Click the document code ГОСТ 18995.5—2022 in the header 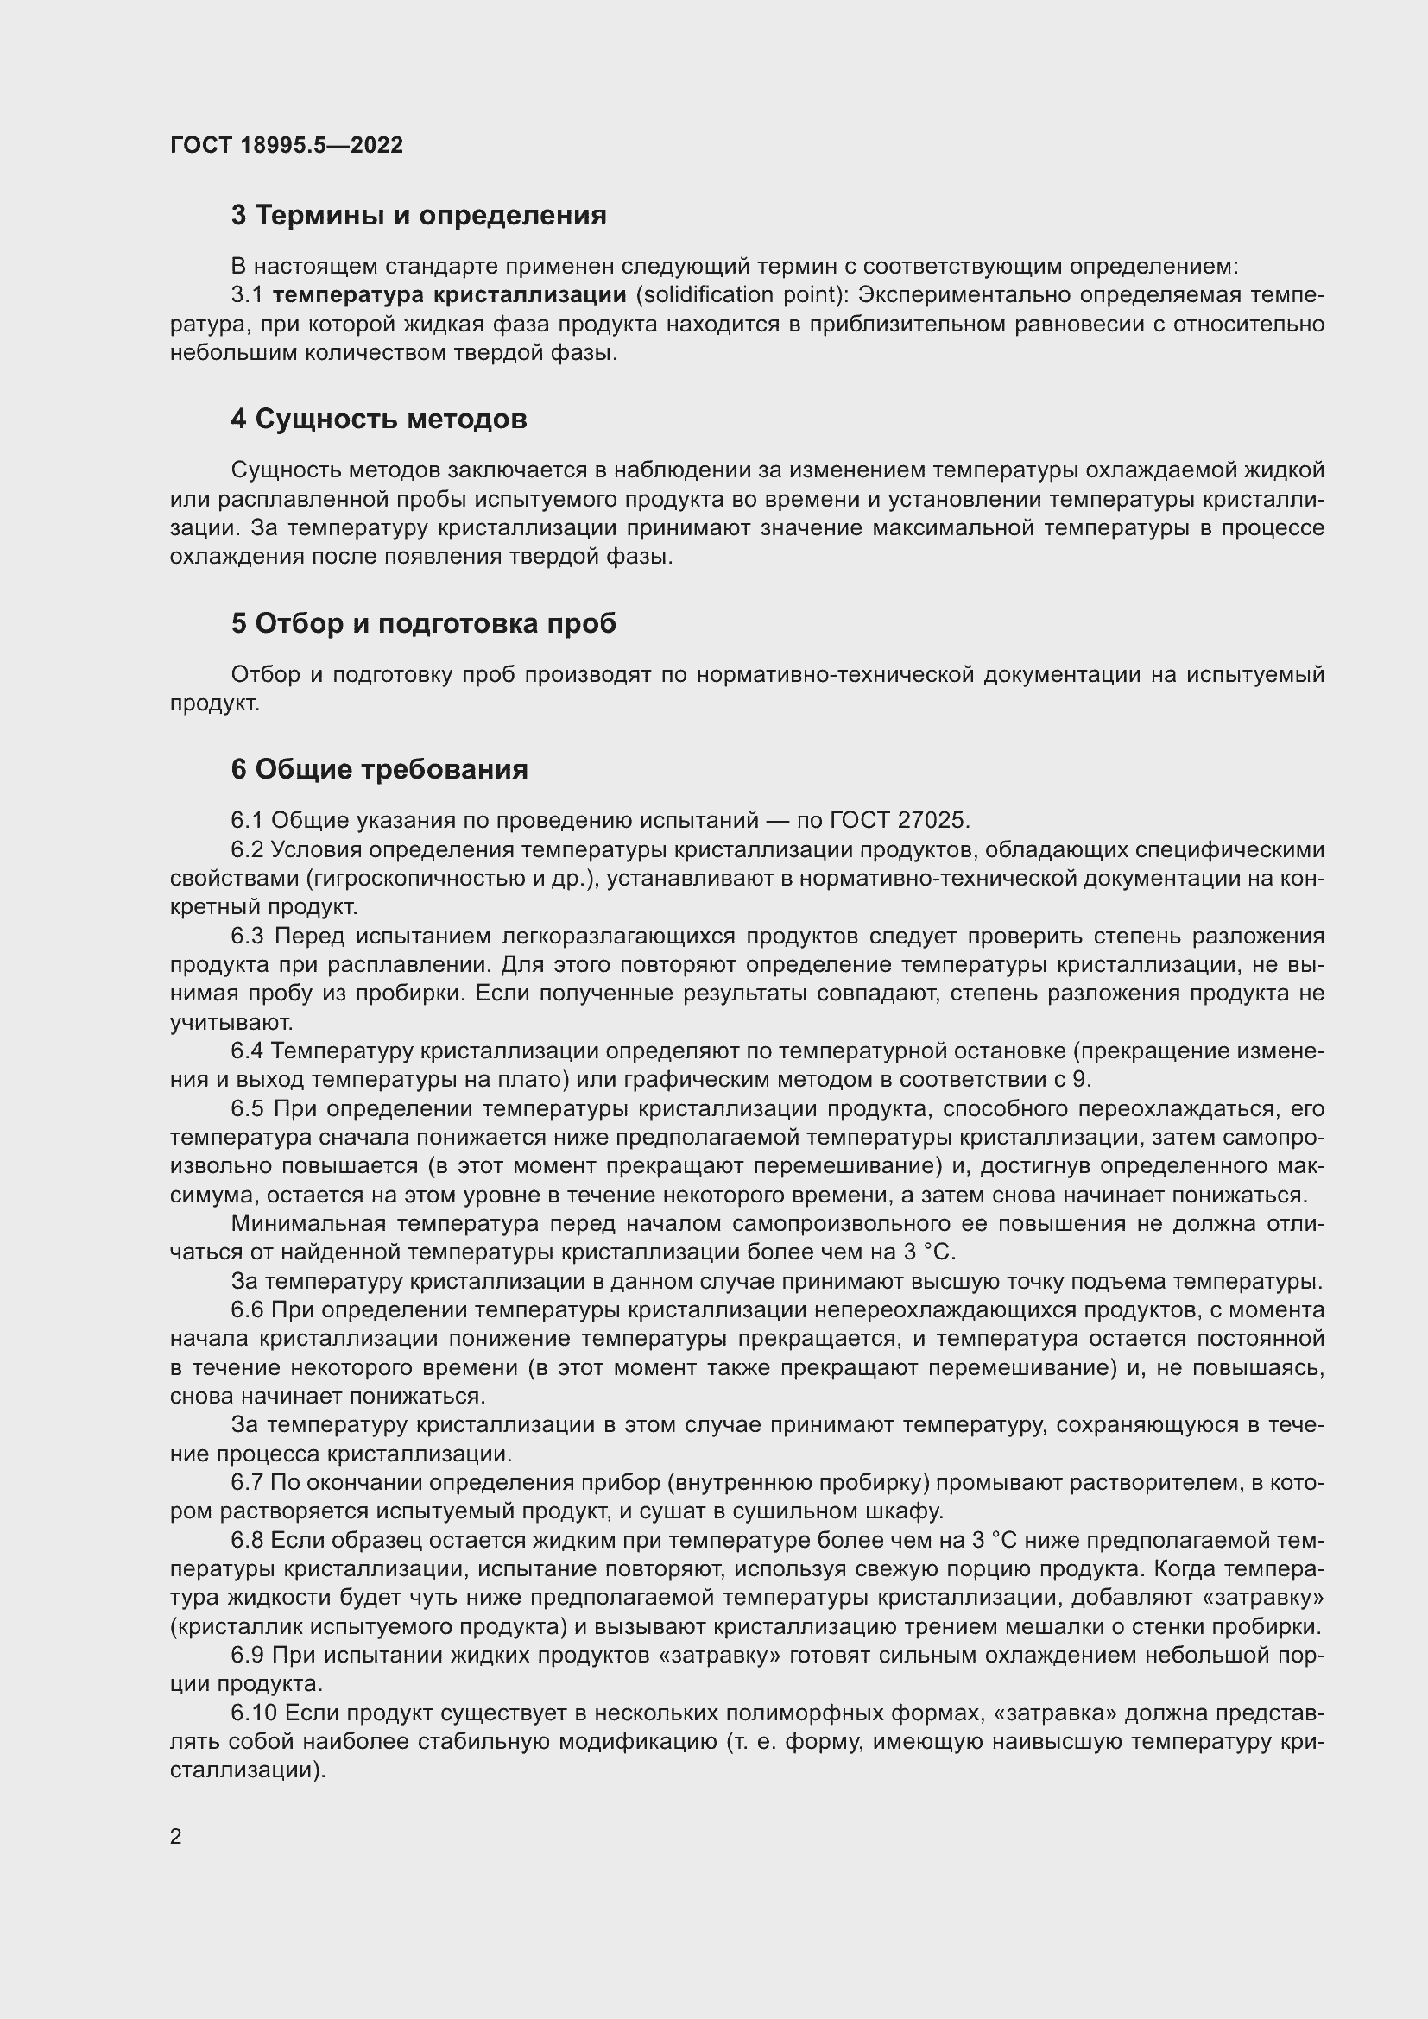[x=286, y=145]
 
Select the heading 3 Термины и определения [x=419, y=216]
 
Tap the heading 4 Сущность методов [x=379, y=420]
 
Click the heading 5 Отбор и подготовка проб [x=423, y=623]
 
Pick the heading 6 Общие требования [x=379, y=769]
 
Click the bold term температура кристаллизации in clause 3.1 [x=449, y=294]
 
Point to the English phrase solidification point [x=736, y=294]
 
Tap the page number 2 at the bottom [x=176, y=1836]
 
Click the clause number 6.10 [x=254, y=1714]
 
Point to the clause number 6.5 [x=248, y=1109]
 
